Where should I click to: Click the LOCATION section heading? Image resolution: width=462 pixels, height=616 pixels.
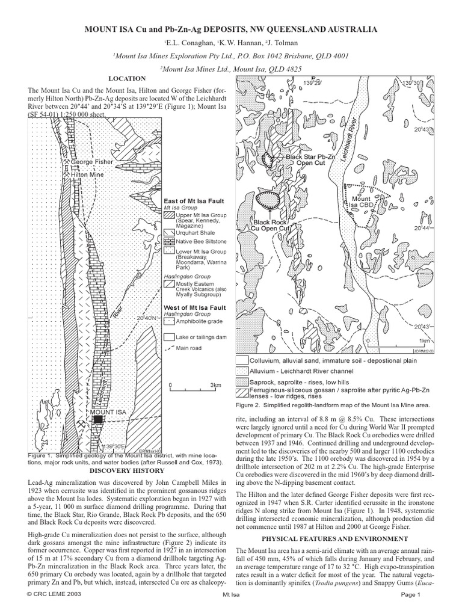tap(127, 78)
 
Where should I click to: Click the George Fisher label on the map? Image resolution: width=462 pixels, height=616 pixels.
tap(91, 162)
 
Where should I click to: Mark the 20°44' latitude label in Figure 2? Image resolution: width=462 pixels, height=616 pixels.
tap(423, 229)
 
